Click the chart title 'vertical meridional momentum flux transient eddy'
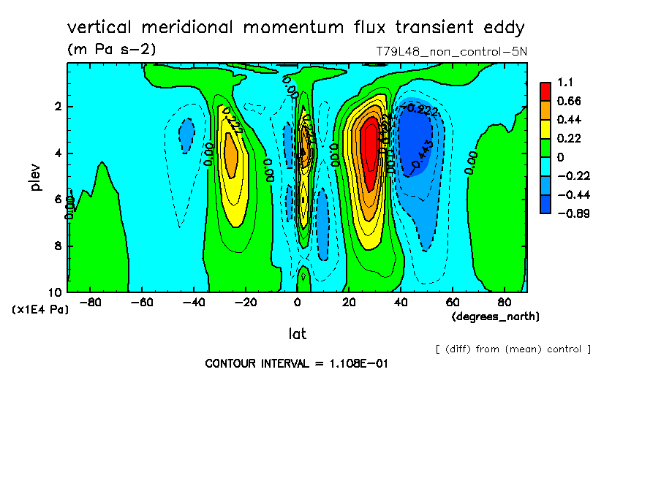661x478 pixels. coord(296,28)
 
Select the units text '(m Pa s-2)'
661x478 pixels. coord(111,50)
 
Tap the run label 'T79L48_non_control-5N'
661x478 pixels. coord(450,52)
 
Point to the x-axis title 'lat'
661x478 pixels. coord(296,334)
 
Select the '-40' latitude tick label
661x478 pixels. coord(193,302)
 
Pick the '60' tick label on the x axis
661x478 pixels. coord(453,302)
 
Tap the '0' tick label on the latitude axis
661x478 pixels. coord(297,302)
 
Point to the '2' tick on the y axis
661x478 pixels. coord(59,107)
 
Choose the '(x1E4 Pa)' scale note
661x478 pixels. coord(40,310)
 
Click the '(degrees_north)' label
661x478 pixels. coord(496,316)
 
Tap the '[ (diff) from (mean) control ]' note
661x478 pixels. coord(513,349)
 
